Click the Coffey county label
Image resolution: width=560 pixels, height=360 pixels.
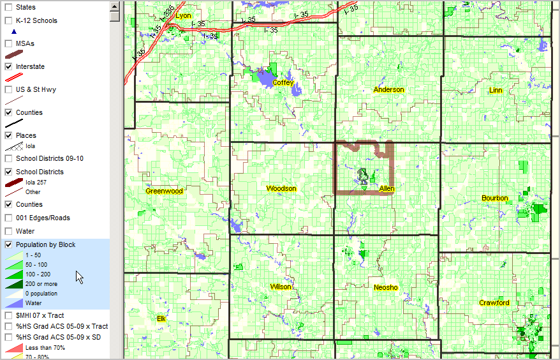pos(283,82)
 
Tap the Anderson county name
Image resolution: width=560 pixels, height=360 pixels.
pos(388,89)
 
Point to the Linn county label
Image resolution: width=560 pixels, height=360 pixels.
pos(496,90)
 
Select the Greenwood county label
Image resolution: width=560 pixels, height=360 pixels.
pos(164,191)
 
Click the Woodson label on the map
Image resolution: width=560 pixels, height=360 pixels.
pos(281,188)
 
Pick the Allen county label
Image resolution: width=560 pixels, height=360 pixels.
pos(387,189)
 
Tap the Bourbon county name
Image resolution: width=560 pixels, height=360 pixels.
pos(495,198)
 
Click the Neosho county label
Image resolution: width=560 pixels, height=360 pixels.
pos(385,287)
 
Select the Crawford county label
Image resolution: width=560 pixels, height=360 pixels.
pos(494,303)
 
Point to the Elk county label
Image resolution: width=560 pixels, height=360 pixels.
pos(160,318)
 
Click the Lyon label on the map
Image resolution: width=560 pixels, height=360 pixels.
pos(183,15)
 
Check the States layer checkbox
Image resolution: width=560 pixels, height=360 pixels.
pos(9,7)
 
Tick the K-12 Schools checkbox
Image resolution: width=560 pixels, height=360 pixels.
pos(9,20)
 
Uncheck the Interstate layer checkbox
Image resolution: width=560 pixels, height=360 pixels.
pos(9,66)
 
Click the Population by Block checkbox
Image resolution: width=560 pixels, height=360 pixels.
pos(9,244)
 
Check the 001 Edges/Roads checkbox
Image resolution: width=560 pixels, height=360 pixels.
pos(9,218)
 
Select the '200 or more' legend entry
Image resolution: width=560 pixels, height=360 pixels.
pos(41,284)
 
